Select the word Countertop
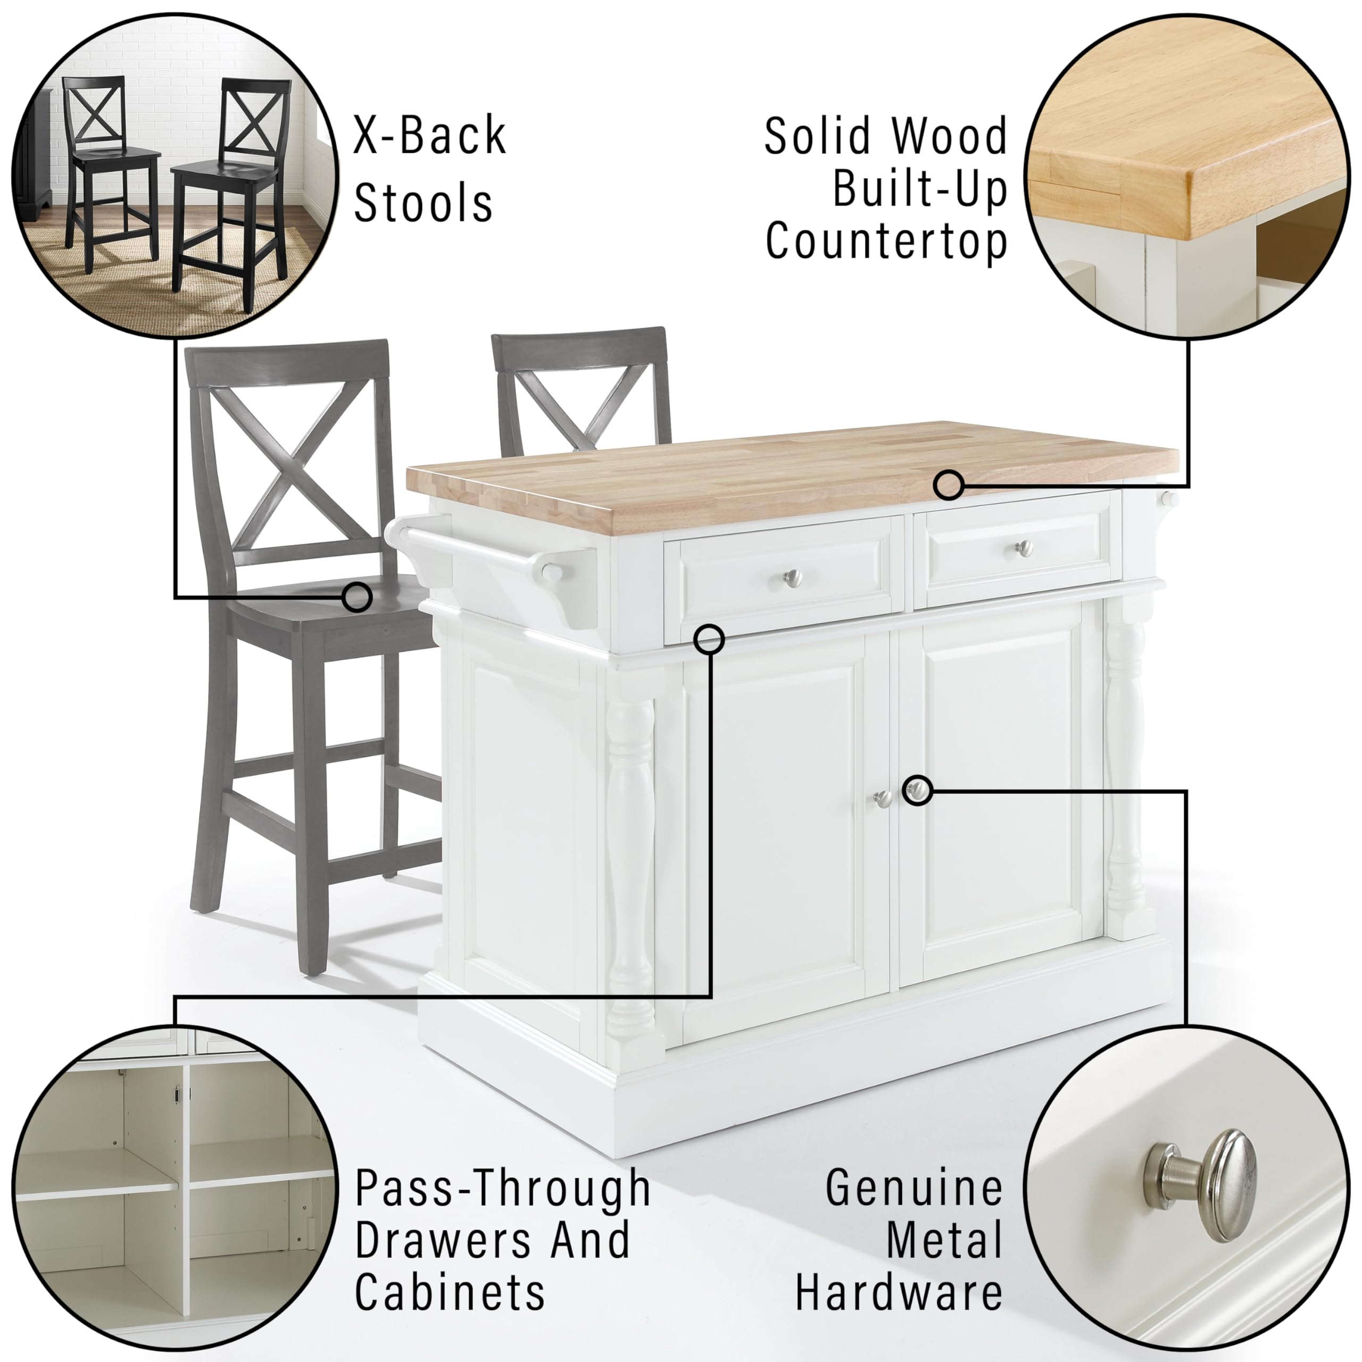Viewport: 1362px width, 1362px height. pos(886,240)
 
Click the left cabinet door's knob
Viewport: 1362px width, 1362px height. pos(882,798)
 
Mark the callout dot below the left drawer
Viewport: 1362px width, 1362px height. pos(709,640)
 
